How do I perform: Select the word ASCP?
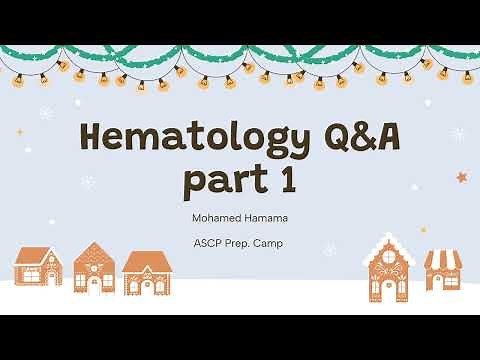click(x=211, y=243)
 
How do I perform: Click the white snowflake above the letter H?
click(x=47, y=112)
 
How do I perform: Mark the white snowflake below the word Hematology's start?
click(x=88, y=182)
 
